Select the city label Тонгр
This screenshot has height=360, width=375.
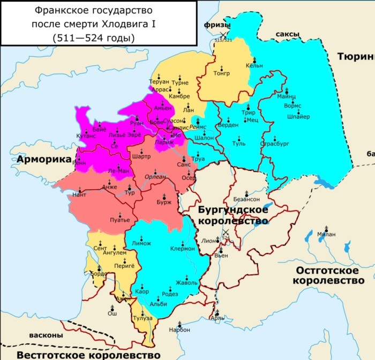[x=221, y=73]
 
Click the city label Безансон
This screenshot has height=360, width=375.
[x=246, y=198]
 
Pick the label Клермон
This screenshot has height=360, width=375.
[x=182, y=249]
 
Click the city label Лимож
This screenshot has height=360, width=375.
[x=141, y=243]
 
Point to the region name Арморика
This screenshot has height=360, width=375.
[x=43, y=160]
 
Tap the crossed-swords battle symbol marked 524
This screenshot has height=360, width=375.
[x=226, y=234]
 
